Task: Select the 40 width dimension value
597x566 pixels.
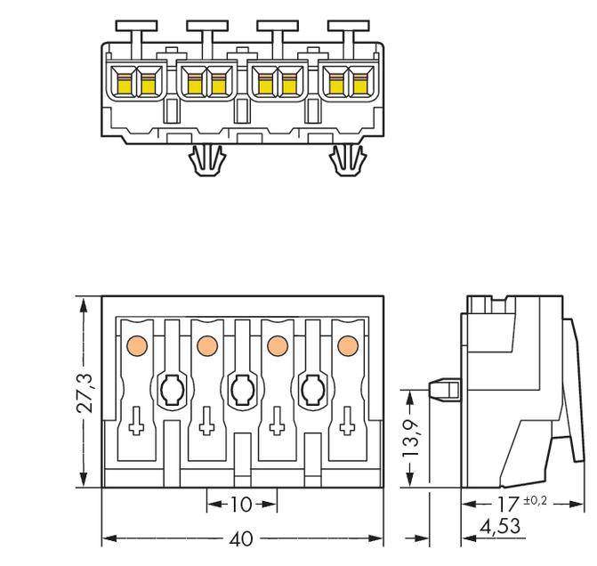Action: [242, 539]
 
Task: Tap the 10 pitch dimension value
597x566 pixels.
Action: [241, 505]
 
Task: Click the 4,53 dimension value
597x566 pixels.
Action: [498, 528]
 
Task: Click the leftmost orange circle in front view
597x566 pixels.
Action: [137, 344]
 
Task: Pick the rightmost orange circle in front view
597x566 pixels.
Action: [347, 344]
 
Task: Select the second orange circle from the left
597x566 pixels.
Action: [206, 344]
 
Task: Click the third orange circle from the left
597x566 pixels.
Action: [277, 344]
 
